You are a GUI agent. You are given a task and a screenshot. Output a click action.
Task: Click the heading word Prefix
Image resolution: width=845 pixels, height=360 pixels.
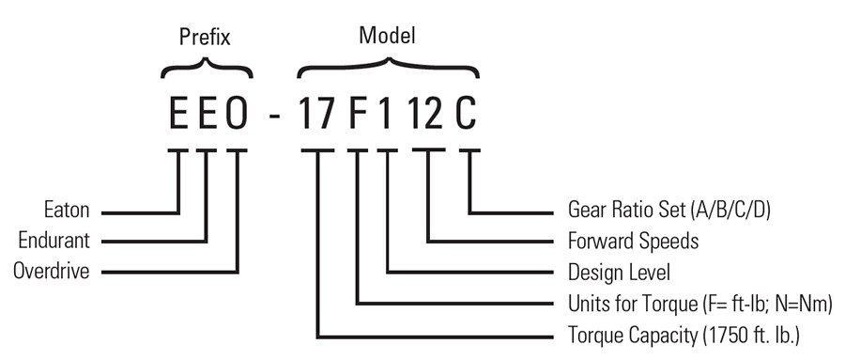pos(204,39)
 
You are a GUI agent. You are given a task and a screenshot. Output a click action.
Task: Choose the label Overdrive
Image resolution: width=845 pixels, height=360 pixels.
pos(52,272)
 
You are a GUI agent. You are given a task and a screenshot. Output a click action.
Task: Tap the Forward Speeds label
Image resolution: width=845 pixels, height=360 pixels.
pos(634,242)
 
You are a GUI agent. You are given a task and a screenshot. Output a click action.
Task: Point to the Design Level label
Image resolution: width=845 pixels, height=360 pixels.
pos(619,273)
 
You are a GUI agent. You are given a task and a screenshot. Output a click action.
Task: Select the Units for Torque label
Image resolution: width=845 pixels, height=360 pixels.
pos(700,304)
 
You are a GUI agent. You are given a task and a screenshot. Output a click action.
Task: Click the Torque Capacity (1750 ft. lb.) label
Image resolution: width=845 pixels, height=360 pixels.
pos(684,335)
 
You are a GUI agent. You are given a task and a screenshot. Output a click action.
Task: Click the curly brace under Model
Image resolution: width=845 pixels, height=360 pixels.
pos(388,68)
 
